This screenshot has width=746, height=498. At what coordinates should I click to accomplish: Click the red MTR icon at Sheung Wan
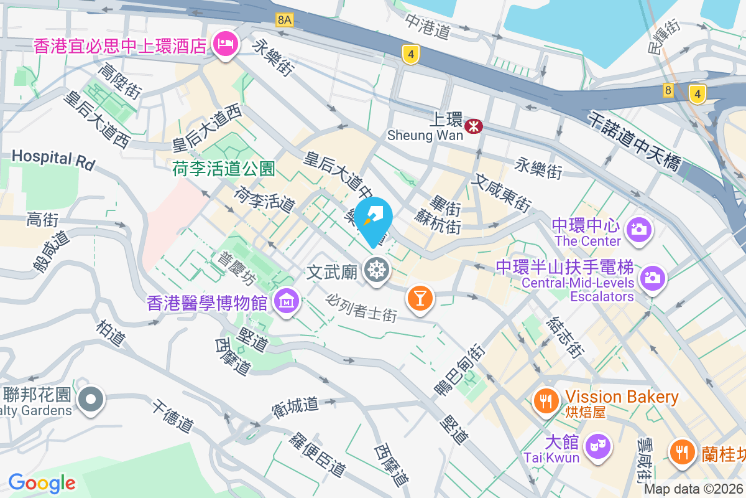coord(475,127)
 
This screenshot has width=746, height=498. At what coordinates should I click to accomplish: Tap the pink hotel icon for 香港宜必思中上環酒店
coord(224,44)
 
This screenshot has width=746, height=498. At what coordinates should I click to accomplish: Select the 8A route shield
coord(284,20)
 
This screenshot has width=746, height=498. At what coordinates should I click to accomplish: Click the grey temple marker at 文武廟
coord(376,271)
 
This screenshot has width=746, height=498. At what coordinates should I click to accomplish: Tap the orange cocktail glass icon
coord(420,298)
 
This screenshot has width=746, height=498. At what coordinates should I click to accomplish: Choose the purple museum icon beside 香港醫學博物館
coord(287,303)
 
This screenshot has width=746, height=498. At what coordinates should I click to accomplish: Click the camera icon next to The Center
coord(638,230)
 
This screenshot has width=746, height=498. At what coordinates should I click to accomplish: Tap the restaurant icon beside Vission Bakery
coord(546,402)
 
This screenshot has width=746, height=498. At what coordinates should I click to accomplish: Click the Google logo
coord(42,482)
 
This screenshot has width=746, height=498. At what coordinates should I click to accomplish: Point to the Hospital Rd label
coord(53,159)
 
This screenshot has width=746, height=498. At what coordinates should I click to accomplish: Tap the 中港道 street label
coord(427,27)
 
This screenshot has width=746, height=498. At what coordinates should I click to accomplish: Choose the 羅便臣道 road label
coord(317,453)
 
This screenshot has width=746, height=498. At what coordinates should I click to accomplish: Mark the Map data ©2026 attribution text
coord(693,489)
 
